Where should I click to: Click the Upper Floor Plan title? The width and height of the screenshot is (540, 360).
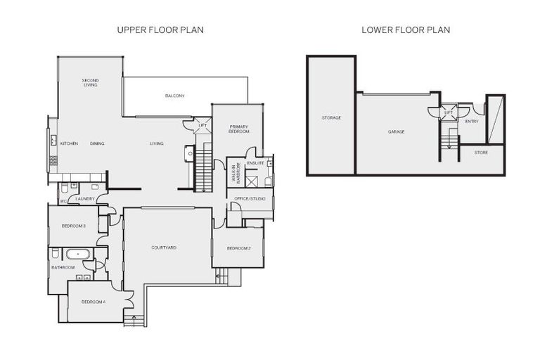[x=160, y=30]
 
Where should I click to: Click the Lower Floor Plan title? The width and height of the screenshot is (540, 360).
[x=406, y=30]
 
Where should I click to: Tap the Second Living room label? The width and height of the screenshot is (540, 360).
[x=90, y=82]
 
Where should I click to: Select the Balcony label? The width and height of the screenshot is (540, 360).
[x=174, y=96]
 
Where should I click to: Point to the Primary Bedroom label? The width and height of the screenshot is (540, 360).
[x=238, y=129]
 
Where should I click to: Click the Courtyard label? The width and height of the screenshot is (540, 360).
[x=164, y=247]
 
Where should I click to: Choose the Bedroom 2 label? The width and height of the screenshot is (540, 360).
[x=238, y=248]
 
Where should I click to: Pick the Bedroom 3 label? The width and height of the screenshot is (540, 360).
[x=73, y=226]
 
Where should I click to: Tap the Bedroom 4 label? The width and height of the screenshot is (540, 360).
[x=93, y=302]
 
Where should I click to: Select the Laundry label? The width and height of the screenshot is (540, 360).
[x=84, y=199]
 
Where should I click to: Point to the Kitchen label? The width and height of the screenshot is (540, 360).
[x=68, y=143]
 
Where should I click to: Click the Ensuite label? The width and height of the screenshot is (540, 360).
[x=256, y=162]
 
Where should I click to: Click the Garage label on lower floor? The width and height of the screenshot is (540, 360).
[x=396, y=131]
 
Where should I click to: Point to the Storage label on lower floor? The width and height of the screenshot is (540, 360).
[x=331, y=117]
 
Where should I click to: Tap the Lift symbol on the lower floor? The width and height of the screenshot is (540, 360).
[x=448, y=112]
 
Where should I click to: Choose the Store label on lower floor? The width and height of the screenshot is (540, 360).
[x=481, y=152]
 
